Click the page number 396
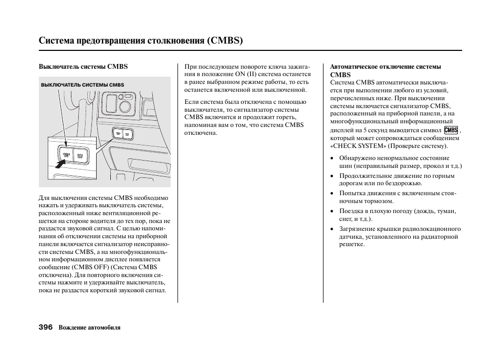(x=46, y=327)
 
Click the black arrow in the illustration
(x=60, y=164)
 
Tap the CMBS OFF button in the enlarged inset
(x=66, y=155)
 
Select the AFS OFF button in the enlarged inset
(x=80, y=156)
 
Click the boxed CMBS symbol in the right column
(x=451, y=130)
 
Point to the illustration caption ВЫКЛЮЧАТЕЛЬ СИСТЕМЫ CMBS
(x=82, y=85)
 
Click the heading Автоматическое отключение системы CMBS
(x=385, y=70)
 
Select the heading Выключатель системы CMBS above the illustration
(x=83, y=67)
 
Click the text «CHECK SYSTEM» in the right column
(x=358, y=146)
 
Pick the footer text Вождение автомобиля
(x=89, y=327)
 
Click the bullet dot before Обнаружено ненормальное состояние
(x=332, y=158)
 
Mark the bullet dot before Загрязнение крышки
(x=332, y=229)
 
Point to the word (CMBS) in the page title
(x=225, y=40)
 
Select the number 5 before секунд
(x=365, y=130)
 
